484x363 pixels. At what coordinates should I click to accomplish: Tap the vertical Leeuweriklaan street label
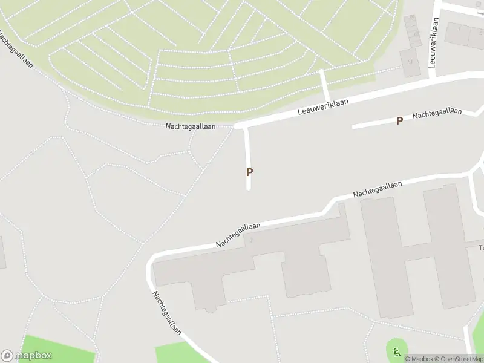(433, 42)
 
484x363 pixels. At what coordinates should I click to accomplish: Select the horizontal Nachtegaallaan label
(191, 126)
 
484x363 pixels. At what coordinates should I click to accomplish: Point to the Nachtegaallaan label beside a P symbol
(437, 113)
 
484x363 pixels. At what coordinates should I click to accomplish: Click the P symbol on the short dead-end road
(249, 172)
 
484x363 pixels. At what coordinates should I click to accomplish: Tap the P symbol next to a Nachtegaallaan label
(399, 120)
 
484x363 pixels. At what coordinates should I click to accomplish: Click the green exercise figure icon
(397, 351)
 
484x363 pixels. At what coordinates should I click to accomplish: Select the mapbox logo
(27, 356)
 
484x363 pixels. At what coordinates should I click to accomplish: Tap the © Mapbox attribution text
(419, 359)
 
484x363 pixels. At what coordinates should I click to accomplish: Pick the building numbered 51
(411, 62)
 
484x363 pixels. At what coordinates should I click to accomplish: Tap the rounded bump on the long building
(211, 309)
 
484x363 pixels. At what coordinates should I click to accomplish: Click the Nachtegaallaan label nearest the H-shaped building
(378, 189)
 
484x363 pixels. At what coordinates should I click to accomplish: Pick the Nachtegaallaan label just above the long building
(238, 235)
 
